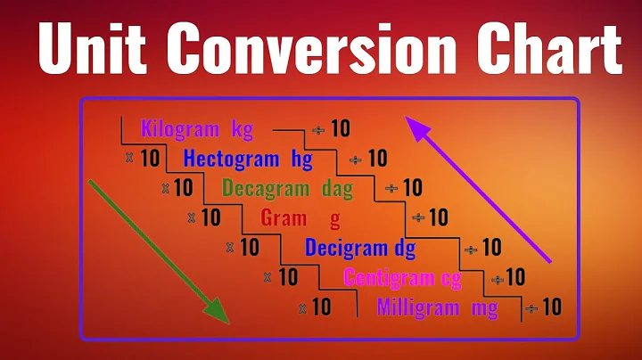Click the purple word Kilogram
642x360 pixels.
coord(180,129)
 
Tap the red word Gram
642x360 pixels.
coord(284,217)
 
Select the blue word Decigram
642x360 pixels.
coord(342,247)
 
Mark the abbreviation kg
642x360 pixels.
coord(242,130)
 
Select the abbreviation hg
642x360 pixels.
coord(301,160)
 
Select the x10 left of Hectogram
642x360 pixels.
coord(142,159)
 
